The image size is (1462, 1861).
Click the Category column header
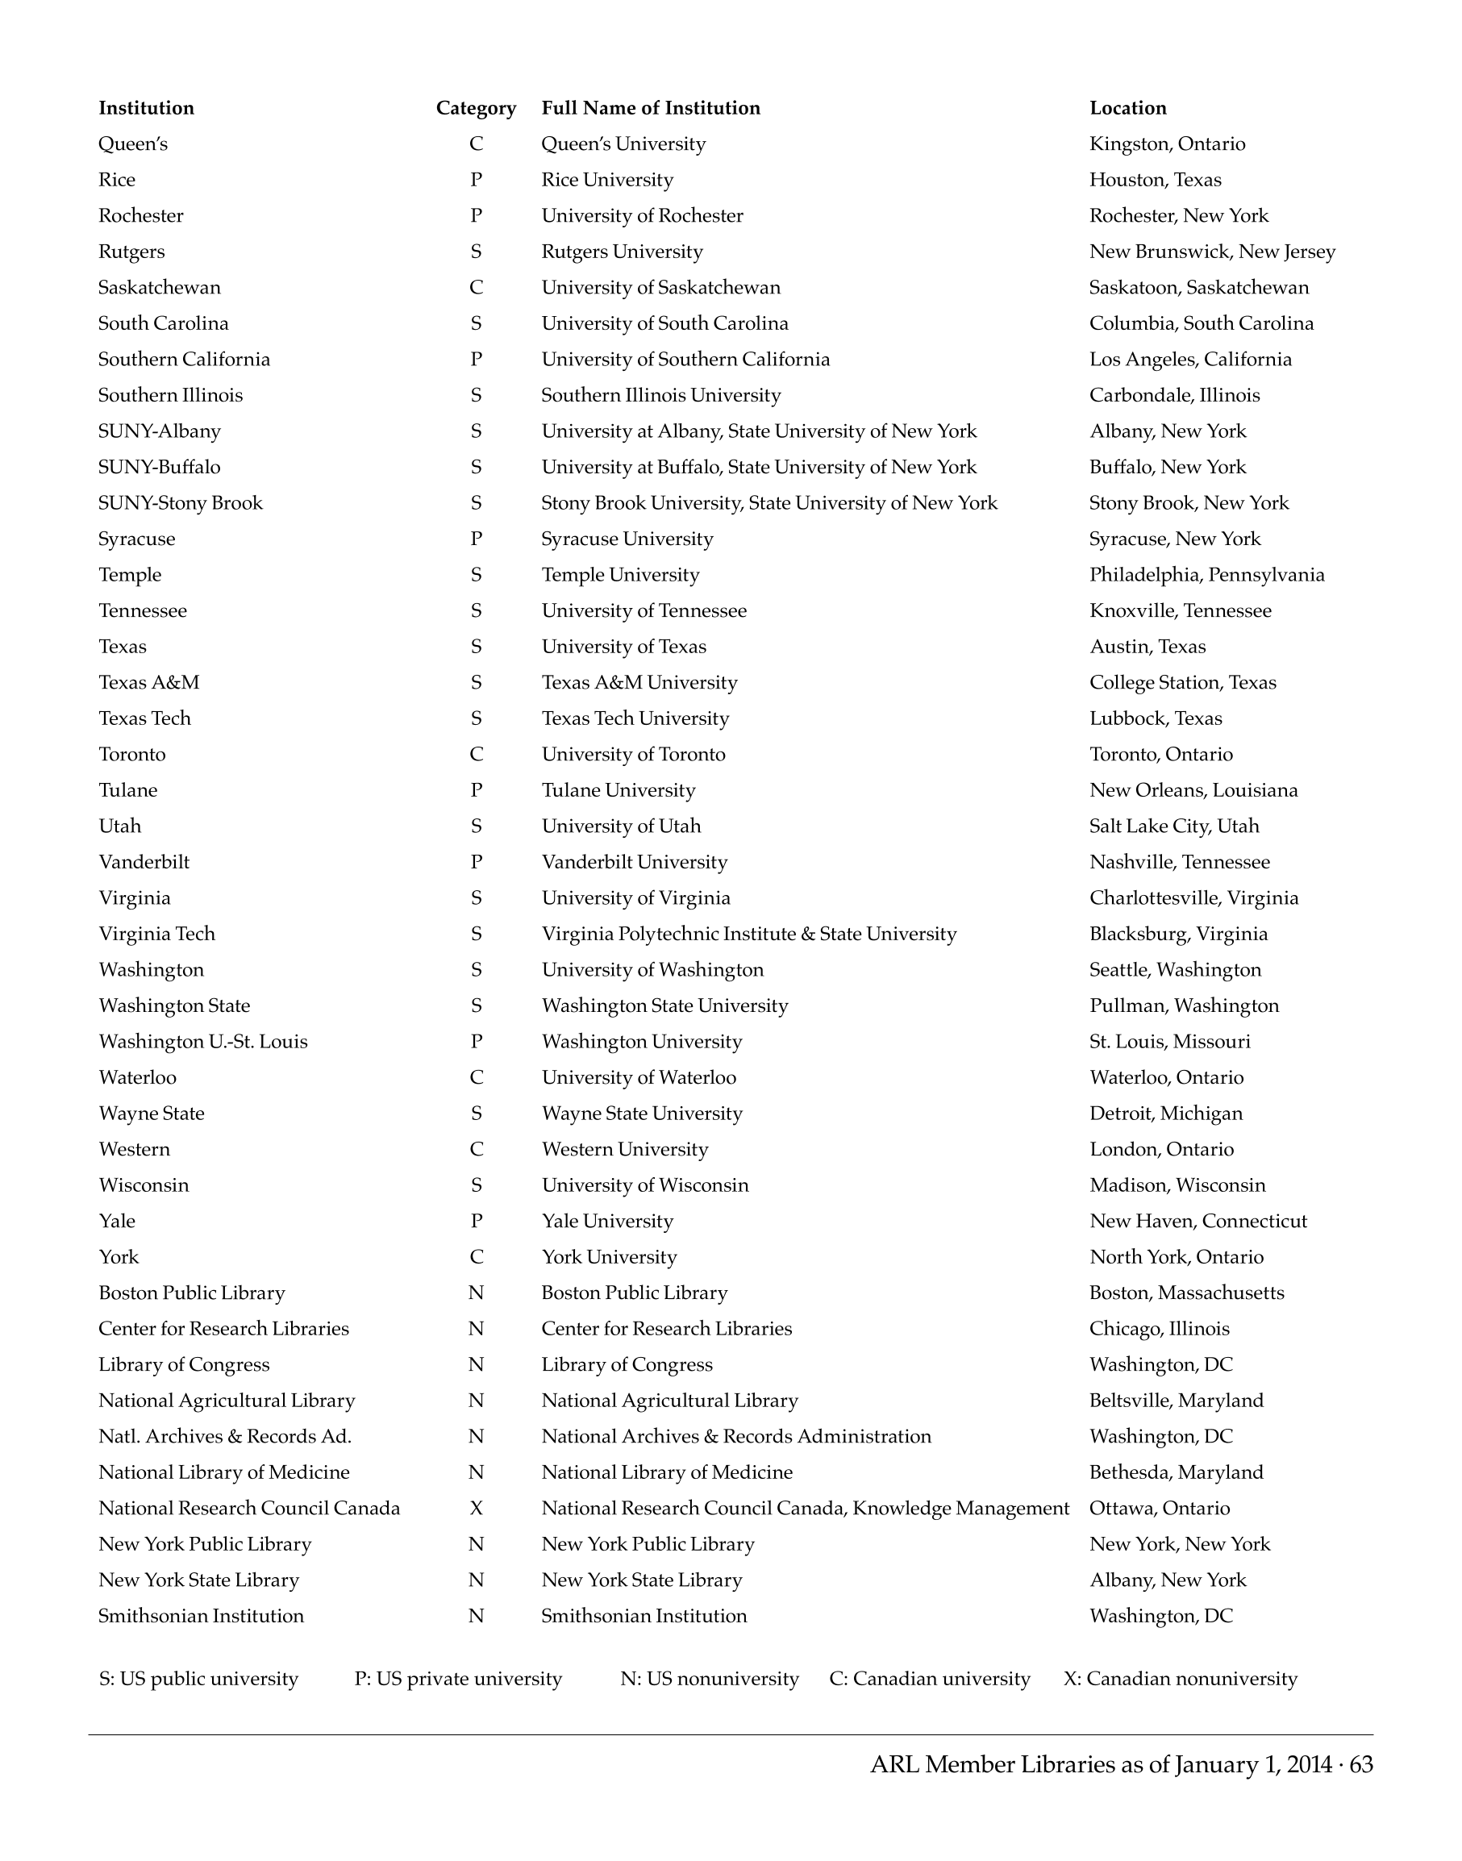click(476, 108)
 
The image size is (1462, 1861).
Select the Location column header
click(1127, 108)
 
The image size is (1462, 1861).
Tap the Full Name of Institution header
click(651, 108)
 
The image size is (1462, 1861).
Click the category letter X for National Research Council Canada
click(476, 1508)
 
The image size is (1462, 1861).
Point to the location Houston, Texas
click(1155, 180)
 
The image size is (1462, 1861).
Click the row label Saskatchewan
click(159, 288)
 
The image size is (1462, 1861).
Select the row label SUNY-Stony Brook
click(181, 502)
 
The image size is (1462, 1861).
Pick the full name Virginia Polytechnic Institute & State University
click(749, 934)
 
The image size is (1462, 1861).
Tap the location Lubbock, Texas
click(1156, 718)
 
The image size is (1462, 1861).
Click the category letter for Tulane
click(476, 790)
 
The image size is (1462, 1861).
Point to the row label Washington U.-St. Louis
click(203, 1042)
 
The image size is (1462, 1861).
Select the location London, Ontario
click(1161, 1149)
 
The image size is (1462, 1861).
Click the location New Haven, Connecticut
click(1198, 1221)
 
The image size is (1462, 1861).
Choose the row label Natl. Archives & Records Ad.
click(225, 1436)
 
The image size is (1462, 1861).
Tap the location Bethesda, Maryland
click(1176, 1472)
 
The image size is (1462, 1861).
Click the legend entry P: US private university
click(458, 1679)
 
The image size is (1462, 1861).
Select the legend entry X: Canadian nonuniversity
click(1181, 1679)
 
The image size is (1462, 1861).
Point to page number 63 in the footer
click(1361, 1764)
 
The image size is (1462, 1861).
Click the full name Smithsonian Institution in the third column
click(644, 1615)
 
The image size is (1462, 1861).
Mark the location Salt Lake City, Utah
click(1174, 826)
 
